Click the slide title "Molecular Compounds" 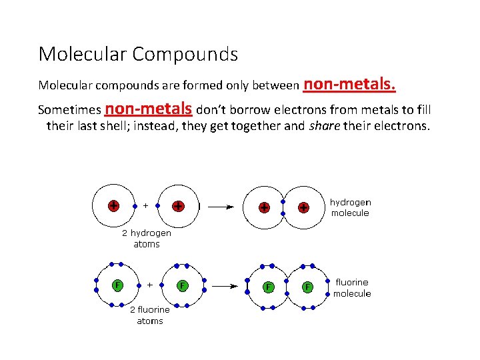[138, 54]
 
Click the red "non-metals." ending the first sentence [350, 84]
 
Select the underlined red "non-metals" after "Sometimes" [149, 108]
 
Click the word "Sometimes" [69, 109]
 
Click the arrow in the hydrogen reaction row [221, 207]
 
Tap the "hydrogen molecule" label [350, 207]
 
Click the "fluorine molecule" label [352, 288]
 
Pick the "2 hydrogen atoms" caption [146, 239]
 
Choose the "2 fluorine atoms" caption [149, 315]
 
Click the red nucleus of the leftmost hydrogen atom [114, 205]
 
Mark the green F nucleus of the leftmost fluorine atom [117, 285]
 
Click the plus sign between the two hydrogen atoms [146, 205]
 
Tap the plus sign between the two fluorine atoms [149, 285]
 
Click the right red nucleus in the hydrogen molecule [303, 207]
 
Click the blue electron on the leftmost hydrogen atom [135, 205]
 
